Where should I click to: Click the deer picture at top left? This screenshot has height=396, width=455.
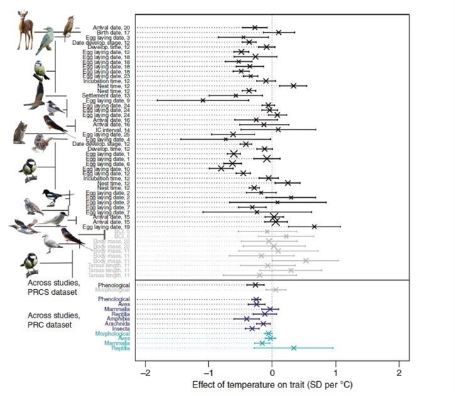coord(24,29)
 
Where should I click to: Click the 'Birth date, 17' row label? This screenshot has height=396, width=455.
coord(114,32)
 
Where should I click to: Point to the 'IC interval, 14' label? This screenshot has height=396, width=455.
coord(113,130)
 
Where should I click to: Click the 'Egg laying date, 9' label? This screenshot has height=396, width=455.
coord(109,100)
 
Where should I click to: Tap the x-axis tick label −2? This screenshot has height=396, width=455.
coord(145,374)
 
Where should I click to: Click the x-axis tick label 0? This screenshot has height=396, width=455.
coord(272,374)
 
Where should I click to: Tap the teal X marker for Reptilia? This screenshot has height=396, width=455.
coord(294,348)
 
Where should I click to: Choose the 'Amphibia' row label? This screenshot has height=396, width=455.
coord(116,318)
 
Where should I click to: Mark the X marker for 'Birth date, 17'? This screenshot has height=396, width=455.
coord(279,32)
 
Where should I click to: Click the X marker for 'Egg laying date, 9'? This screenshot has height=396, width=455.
coord(203,100)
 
